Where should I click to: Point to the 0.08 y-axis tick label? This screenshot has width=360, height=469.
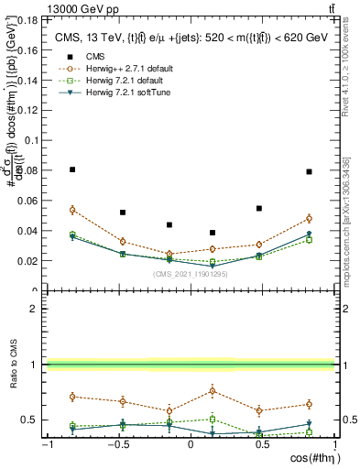[x=28, y=170]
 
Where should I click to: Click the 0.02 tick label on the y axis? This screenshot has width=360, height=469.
[x=28, y=261]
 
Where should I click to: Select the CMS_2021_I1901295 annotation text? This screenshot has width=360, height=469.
[x=190, y=273]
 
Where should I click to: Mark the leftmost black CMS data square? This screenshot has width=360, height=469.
[x=72, y=169]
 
